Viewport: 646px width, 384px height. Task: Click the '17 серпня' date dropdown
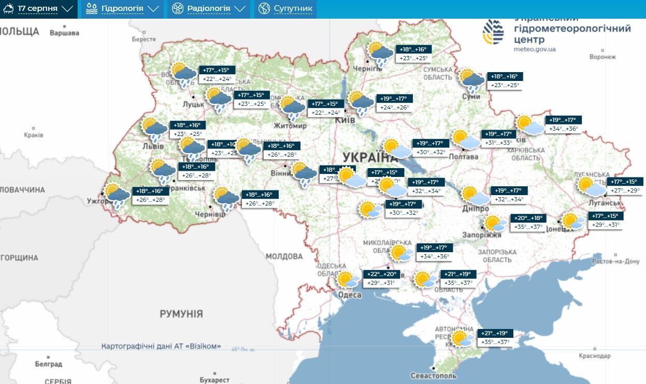(x=38, y=9)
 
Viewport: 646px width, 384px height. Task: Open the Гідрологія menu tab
(x=122, y=9)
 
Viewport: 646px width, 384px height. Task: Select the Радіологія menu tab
(x=208, y=9)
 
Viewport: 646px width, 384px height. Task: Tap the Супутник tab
(x=285, y=9)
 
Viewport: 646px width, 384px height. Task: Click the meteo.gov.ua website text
(x=535, y=49)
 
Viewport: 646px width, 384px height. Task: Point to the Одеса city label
(x=350, y=295)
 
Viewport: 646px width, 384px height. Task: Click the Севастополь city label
(x=433, y=375)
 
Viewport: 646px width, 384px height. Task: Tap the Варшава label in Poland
(x=64, y=33)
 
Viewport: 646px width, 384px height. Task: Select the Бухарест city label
(x=214, y=380)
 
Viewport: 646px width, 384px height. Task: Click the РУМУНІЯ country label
(x=181, y=314)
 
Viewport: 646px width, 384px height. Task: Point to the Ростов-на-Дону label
(x=616, y=262)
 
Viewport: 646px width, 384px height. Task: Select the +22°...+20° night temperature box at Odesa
(x=381, y=274)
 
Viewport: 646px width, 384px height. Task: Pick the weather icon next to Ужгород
(x=117, y=195)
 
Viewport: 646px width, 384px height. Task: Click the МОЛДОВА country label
(x=284, y=256)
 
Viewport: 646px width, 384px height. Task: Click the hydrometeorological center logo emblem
(x=493, y=32)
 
